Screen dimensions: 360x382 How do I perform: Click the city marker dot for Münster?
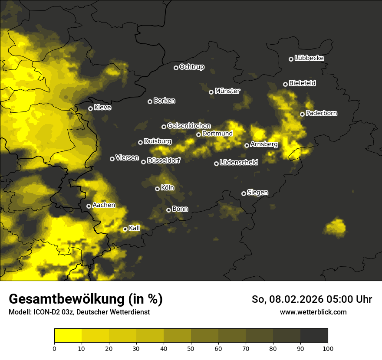211,92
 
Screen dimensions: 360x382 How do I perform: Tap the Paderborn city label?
322,113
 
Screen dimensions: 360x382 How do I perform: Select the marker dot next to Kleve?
90,108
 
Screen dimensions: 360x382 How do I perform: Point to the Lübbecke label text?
309,58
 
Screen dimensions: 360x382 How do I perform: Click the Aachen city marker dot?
89,206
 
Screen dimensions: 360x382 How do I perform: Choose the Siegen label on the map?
257,193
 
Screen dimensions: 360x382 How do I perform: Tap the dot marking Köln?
157,189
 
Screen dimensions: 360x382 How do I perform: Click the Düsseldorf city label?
163,160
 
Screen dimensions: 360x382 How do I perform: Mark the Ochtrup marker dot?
176,68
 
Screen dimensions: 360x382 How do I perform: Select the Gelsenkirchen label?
189,126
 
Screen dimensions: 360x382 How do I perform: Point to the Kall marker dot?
125,229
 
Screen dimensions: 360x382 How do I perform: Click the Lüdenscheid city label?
239,163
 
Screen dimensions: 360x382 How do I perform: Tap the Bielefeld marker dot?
285,84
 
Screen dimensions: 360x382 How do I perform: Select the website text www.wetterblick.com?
313,312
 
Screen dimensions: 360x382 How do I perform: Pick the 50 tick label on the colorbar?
191,348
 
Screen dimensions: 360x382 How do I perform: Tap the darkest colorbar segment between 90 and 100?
314,335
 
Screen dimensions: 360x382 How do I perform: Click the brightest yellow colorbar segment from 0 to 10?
68,335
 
